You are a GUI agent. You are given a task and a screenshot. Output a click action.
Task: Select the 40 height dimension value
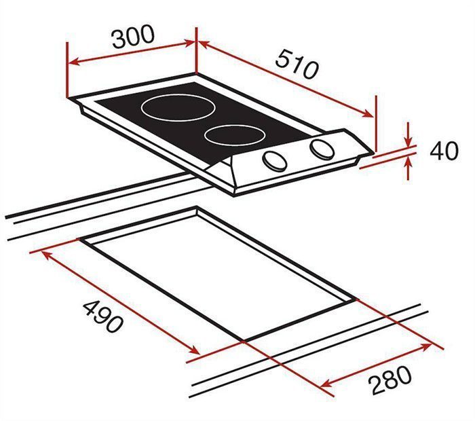point(444,150)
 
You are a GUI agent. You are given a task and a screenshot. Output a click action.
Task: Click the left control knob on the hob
point(275,160)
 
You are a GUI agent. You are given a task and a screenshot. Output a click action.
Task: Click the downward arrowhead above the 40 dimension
point(409,141)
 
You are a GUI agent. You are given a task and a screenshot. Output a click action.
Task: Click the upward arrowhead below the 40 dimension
point(409,160)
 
